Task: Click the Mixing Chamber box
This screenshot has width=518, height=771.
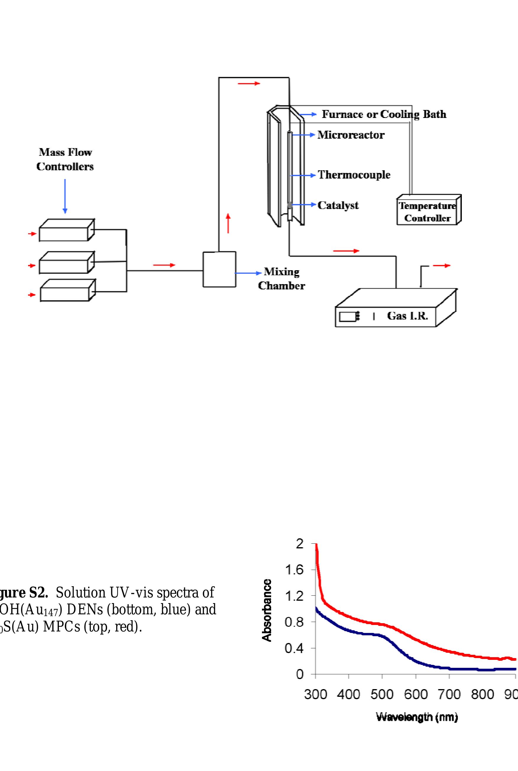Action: (219, 269)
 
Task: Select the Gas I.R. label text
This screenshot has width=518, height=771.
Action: (407, 316)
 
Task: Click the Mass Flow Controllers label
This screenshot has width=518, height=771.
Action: (65, 159)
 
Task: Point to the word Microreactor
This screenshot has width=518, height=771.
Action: (351, 135)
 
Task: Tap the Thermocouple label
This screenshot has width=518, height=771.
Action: (354, 175)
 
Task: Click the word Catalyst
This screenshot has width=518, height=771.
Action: (338, 205)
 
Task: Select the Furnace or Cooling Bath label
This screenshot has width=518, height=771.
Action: (384, 114)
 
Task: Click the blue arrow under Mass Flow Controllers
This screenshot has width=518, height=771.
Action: (65, 196)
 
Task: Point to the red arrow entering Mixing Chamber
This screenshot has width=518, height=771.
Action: (164, 265)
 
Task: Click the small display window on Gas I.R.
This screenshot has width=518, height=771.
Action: (347, 316)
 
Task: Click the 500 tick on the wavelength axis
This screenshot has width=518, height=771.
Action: (382, 694)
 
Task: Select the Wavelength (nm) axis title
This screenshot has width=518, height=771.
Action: (417, 717)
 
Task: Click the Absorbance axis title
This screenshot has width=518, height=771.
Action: (267, 610)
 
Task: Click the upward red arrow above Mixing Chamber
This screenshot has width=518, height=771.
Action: (228, 223)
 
